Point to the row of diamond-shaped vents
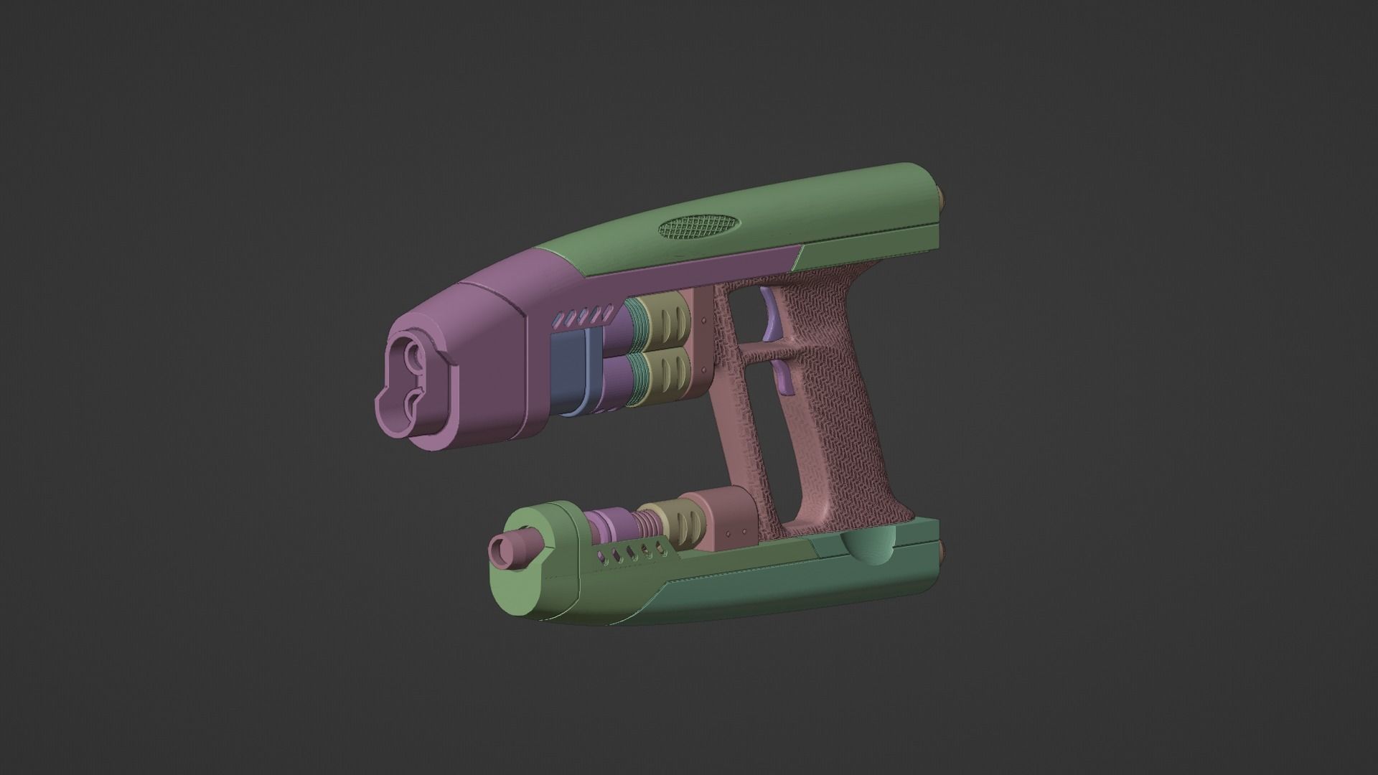[x=583, y=315]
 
